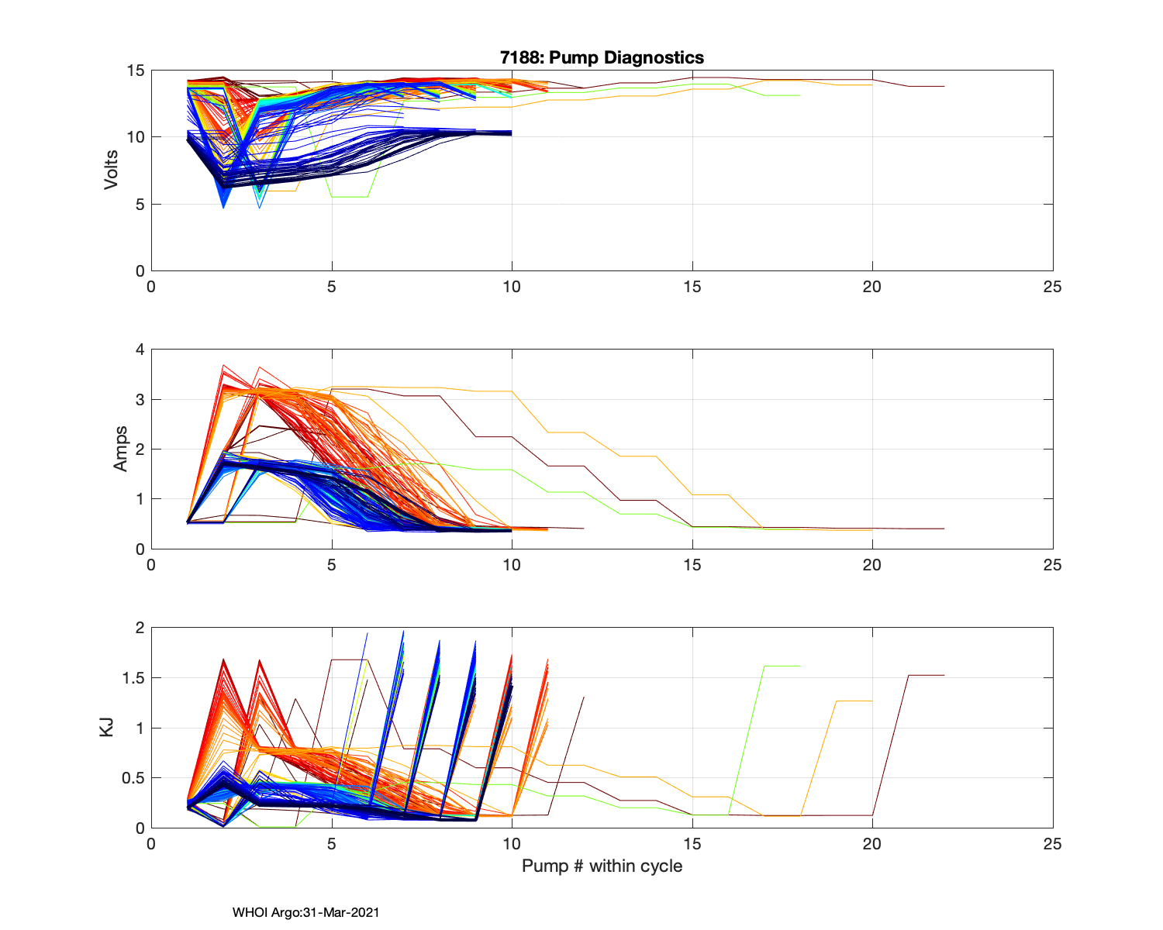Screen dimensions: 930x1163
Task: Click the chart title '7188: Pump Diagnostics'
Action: click(602, 57)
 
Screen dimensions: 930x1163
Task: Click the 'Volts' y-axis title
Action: click(112, 170)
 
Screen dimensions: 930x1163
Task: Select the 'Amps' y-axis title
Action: click(120, 449)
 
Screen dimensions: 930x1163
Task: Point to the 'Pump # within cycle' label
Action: click(602, 866)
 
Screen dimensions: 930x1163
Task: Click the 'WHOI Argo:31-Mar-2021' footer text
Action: click(305, 912)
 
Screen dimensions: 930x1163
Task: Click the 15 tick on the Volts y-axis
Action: click(136, 71)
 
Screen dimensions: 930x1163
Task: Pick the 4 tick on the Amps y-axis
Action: click(140, 350)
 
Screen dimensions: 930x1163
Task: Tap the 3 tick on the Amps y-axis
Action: click(140, 400)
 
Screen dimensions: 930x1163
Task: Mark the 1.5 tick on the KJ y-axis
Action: click(134, 678)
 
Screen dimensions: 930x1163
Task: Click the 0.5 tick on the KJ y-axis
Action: click(134, 778)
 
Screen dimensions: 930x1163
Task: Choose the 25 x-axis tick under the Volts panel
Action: click(1052, 287)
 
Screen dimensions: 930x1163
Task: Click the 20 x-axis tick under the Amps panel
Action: click(872, 565)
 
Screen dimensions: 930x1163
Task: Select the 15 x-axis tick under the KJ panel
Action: click(692, 844)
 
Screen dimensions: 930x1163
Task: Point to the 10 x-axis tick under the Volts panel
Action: click(512, 287)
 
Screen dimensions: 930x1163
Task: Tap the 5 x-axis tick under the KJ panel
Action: click(332, 844)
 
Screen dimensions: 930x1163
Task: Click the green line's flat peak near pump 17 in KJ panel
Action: click(782, 666)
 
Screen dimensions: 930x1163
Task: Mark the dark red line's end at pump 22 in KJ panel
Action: click(944, 675)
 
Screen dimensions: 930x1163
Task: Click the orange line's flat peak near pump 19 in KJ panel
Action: click(854, 701)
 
